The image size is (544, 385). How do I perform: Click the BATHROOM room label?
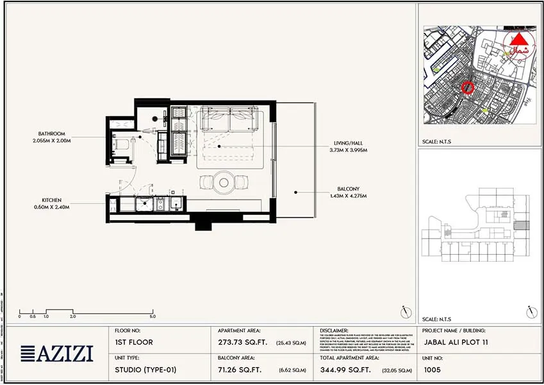[51, 133]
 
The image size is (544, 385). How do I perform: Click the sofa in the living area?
[231, 119]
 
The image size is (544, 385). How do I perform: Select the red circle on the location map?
[468, 88]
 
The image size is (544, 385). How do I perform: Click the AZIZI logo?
[57, 353]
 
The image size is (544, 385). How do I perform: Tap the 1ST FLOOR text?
[134, 343]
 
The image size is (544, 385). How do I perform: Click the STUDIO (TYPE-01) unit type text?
[145, 370]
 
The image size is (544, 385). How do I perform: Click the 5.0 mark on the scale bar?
[152, 316]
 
